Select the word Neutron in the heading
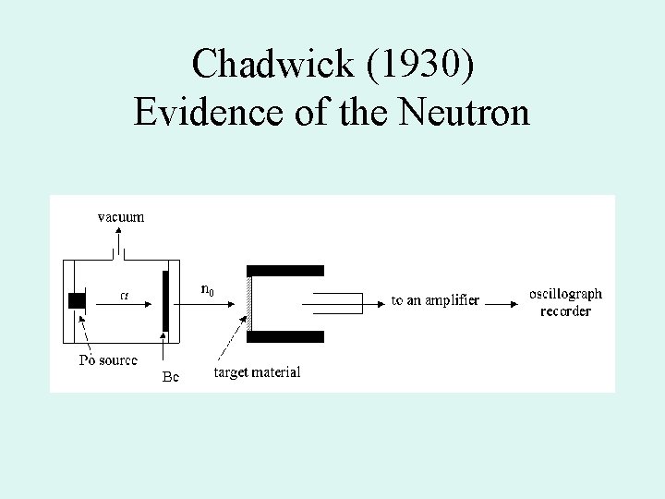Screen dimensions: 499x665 466,113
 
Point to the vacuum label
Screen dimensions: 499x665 121,217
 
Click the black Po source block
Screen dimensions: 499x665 77,300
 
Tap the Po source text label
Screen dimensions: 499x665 108,359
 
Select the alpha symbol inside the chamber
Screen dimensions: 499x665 126,296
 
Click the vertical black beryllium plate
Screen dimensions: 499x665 165,300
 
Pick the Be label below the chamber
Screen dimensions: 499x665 170,377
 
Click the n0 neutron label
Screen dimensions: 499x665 208,291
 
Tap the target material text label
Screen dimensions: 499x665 257,372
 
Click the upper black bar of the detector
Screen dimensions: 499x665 285,271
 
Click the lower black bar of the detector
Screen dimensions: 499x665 285,336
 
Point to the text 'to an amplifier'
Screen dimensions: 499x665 435,300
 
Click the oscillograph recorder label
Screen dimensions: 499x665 565,302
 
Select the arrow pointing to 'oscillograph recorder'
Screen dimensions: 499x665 502,301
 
